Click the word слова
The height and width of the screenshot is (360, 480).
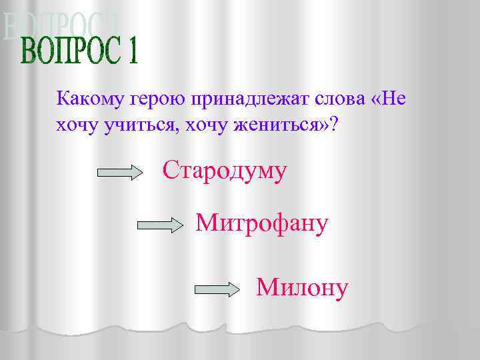(339, 99)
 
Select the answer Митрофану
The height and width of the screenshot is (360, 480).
(262, 223)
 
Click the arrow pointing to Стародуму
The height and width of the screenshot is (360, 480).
(121, 173)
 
